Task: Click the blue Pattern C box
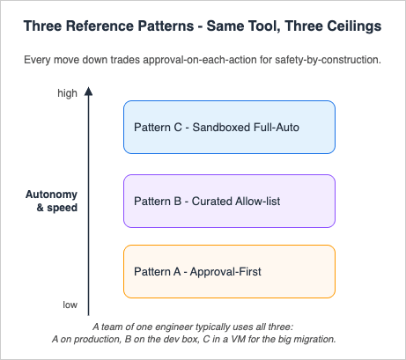229,127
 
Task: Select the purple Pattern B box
229,200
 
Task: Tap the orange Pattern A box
229,271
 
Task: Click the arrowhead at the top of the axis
89,91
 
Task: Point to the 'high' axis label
67,92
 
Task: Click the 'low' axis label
70,305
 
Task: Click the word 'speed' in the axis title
62,209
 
